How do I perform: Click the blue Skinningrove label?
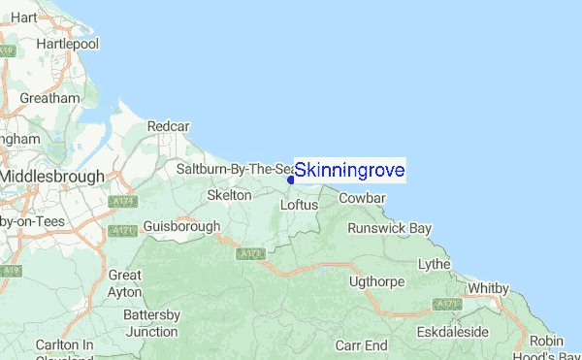tap(349, 171)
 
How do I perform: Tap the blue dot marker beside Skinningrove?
tap(291, 179)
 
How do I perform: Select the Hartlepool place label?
tap(67, 45)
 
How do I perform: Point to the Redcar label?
tap(168, 126)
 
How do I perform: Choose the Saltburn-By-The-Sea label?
tap(235, 169)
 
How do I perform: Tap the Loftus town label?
tap(299, 205)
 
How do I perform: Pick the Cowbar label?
tap(363, 198)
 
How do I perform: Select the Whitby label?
tap(488, 288)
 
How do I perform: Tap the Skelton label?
tap(230, 195)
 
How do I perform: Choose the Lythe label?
tap(434, 264)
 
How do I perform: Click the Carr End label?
tap(362, 345)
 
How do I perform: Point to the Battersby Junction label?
tap(151, 322)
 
